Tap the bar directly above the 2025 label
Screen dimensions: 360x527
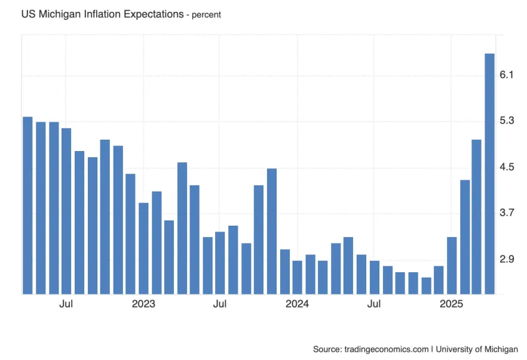tap(452, 265)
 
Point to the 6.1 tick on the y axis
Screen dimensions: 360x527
tap(507, 75)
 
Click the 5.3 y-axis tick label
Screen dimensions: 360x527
tap(507, 121)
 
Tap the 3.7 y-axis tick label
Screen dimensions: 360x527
tap(507, 213)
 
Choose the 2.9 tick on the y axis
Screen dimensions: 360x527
tap(507, 259)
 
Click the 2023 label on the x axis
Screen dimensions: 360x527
tap(143, 304)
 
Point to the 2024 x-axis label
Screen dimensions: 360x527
tap(297, 304)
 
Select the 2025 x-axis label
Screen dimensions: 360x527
tap(451, 304)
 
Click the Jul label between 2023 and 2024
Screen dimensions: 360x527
tap(220, 304)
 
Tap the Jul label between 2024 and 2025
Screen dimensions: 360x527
tap(374, 304)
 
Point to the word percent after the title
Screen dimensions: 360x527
tap(206, 14)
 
